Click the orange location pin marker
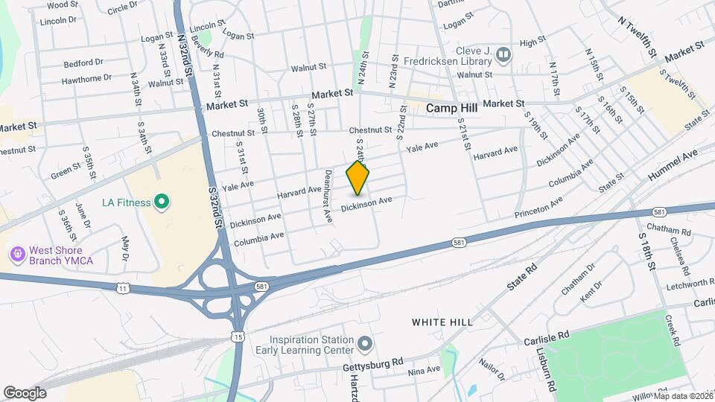[x=358, y=178]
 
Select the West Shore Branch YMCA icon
[x=16, y=255]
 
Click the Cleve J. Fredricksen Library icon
[x=503, y=54]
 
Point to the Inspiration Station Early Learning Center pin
[x=364, y=343]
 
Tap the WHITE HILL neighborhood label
[x=442, y=322]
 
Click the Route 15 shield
[x=238, y=337]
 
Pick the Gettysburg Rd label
[x=372, y=367]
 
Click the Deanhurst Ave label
[x=328, y=196]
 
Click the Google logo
[x=24, y=392]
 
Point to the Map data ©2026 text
[x=683, y=396]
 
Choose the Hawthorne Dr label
[x=86, y=77]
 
